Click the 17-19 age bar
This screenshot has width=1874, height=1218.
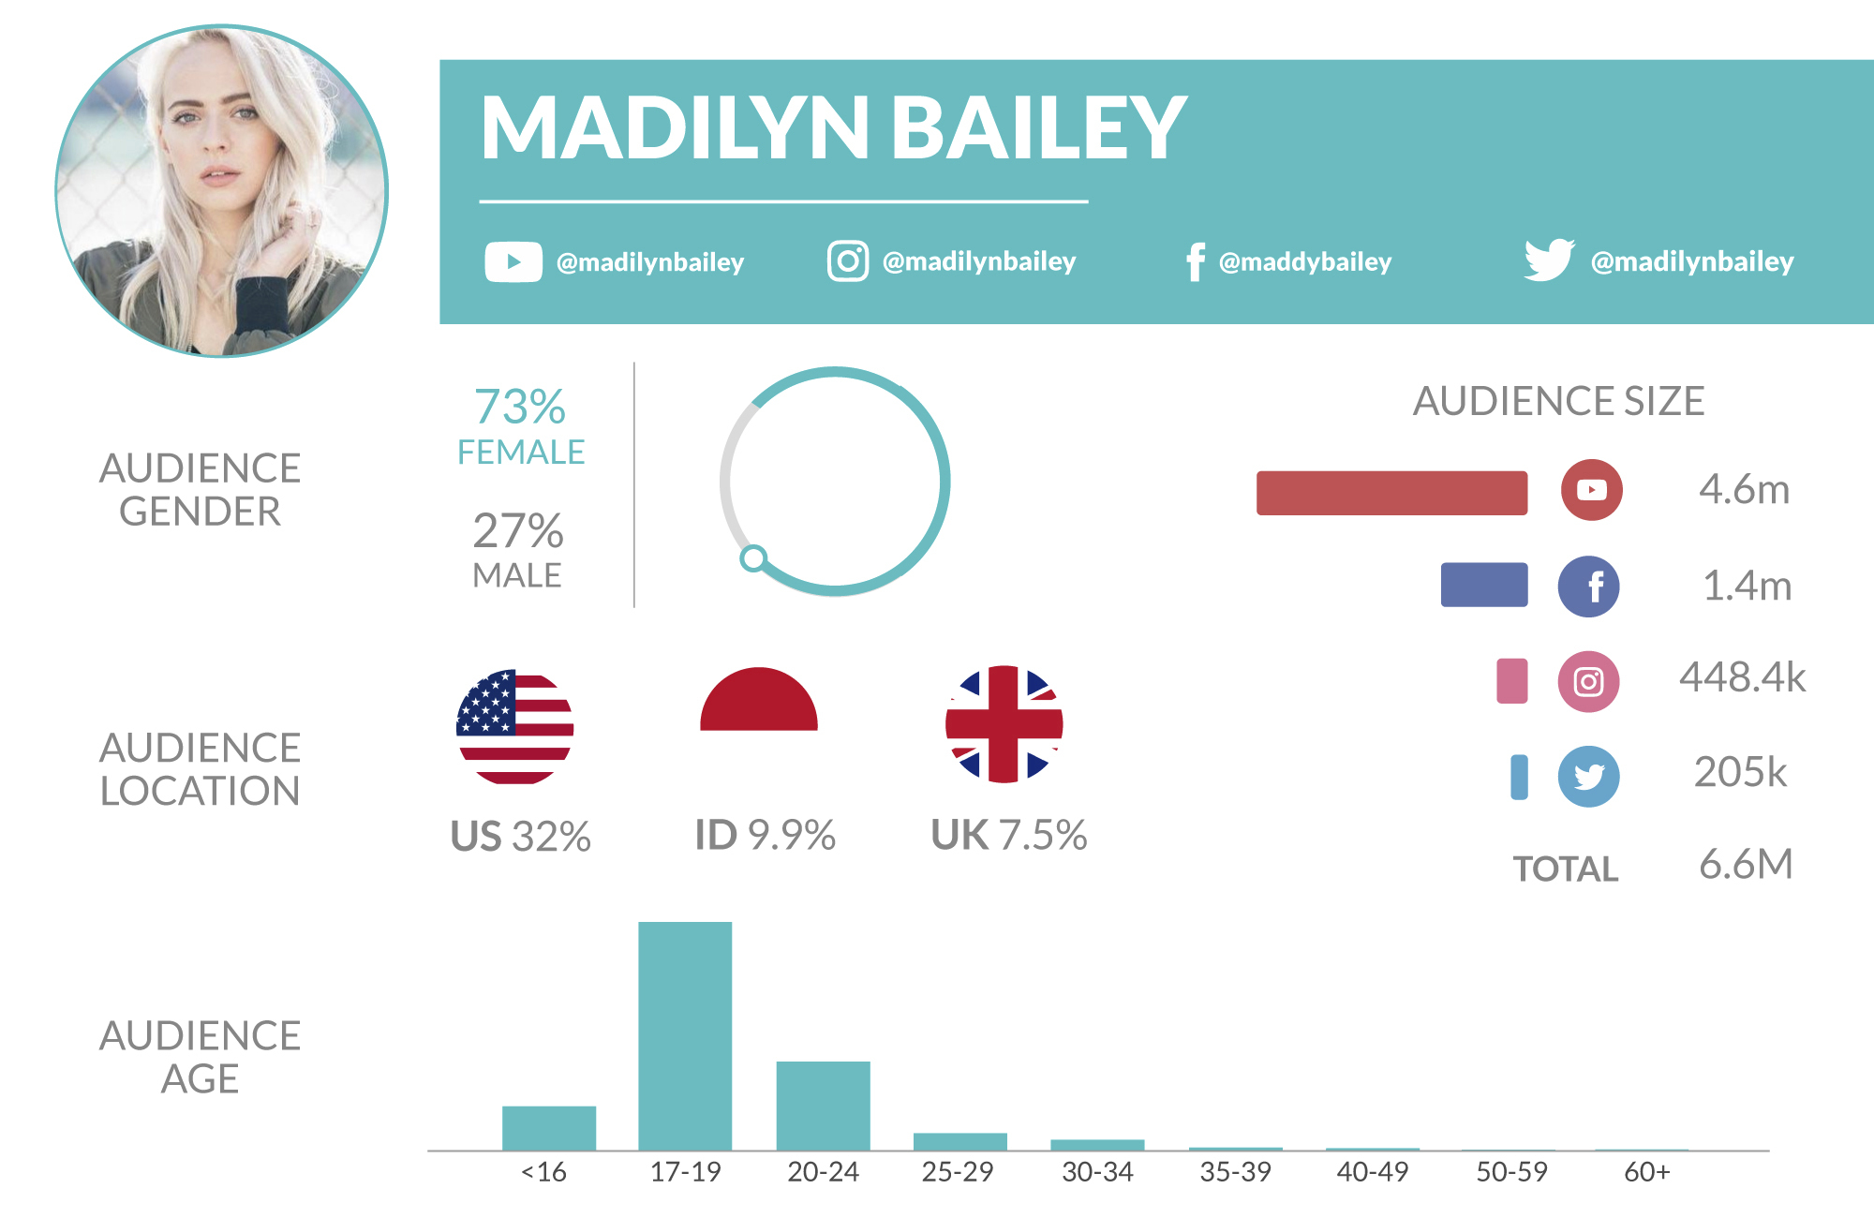pos(685,1035)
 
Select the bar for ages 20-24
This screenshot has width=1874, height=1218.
pos(823,1106)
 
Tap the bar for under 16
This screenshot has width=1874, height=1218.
pos(548,1128)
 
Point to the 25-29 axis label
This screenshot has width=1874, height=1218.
pos(957,1172)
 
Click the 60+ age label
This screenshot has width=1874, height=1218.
pos(1646,1172)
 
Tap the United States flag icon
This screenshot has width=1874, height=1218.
pos(514,727)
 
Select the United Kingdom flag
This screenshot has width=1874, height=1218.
pos(1004,724)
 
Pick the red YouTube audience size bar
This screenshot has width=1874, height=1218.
pos(1391,493)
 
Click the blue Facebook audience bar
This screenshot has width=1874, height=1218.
pos(1484,586)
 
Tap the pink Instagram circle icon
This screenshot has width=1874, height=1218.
pos(1588,681)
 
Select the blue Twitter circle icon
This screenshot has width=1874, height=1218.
pos(1588,776)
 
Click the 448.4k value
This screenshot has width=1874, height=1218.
pos(1742,677)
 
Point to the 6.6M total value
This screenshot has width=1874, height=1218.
pos(1746,864)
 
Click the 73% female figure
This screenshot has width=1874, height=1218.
pos(520,408)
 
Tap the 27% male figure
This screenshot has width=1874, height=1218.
pos(518,531)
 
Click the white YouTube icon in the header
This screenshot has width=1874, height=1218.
pos(513,261)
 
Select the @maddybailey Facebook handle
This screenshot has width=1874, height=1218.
pos(1304,262)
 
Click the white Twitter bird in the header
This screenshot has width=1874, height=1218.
pos(1548,260)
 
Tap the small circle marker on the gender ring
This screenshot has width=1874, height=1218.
pos(753,558)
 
